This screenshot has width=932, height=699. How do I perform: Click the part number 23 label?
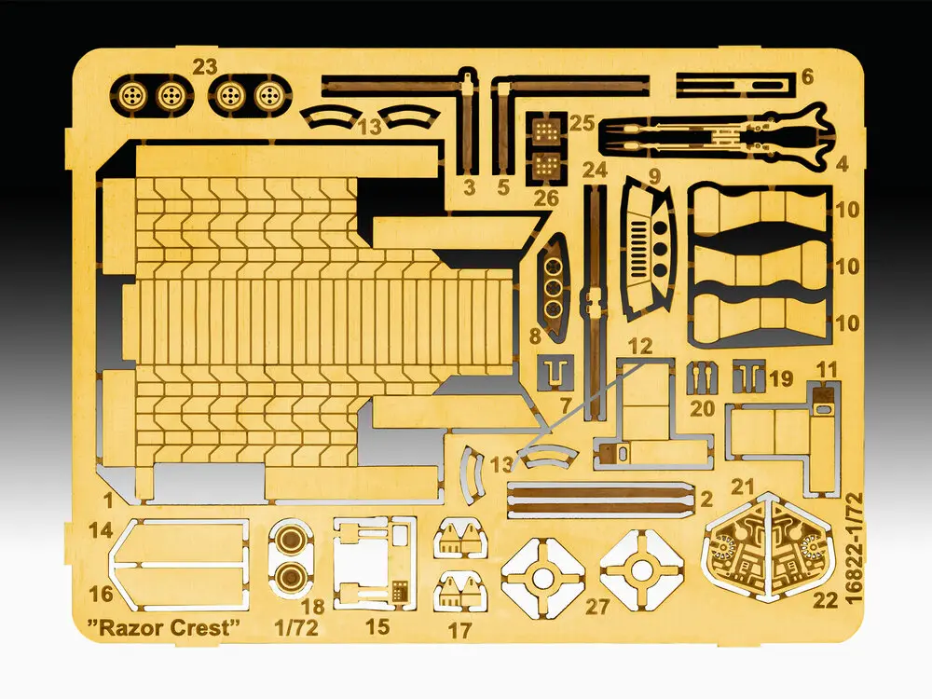click(x=204, y=67)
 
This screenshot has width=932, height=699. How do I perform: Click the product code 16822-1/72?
click(x=853, y=548)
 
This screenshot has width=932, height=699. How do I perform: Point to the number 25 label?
click(x=582, y=124)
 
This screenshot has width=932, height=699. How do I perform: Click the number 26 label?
click(x=546, y=198)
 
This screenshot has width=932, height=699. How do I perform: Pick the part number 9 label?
click(x=654, y=176)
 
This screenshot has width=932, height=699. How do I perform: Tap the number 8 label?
click(x=535, y=336)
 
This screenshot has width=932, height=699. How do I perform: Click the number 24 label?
click(x=595, y=171)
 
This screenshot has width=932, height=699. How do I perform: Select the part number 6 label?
click(x=806, y=76)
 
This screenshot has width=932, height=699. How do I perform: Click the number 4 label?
click(x=841, y=163)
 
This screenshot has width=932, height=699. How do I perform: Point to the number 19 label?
click(x=781, y=378)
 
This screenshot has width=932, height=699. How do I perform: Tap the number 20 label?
click(x=702, y=408)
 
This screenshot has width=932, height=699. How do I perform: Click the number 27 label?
click(x=597, y=607)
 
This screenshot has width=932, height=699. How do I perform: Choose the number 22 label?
click(x=825, y=600)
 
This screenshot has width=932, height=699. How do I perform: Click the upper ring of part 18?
click(x=291, y=539)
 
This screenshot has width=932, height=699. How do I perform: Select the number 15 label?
click(x=377, y=626)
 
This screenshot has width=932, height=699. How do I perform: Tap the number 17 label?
click(x=459, y=630)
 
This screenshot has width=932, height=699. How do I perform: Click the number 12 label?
click(x=640, y=346)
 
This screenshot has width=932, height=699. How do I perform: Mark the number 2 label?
click(x=706, y=499)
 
